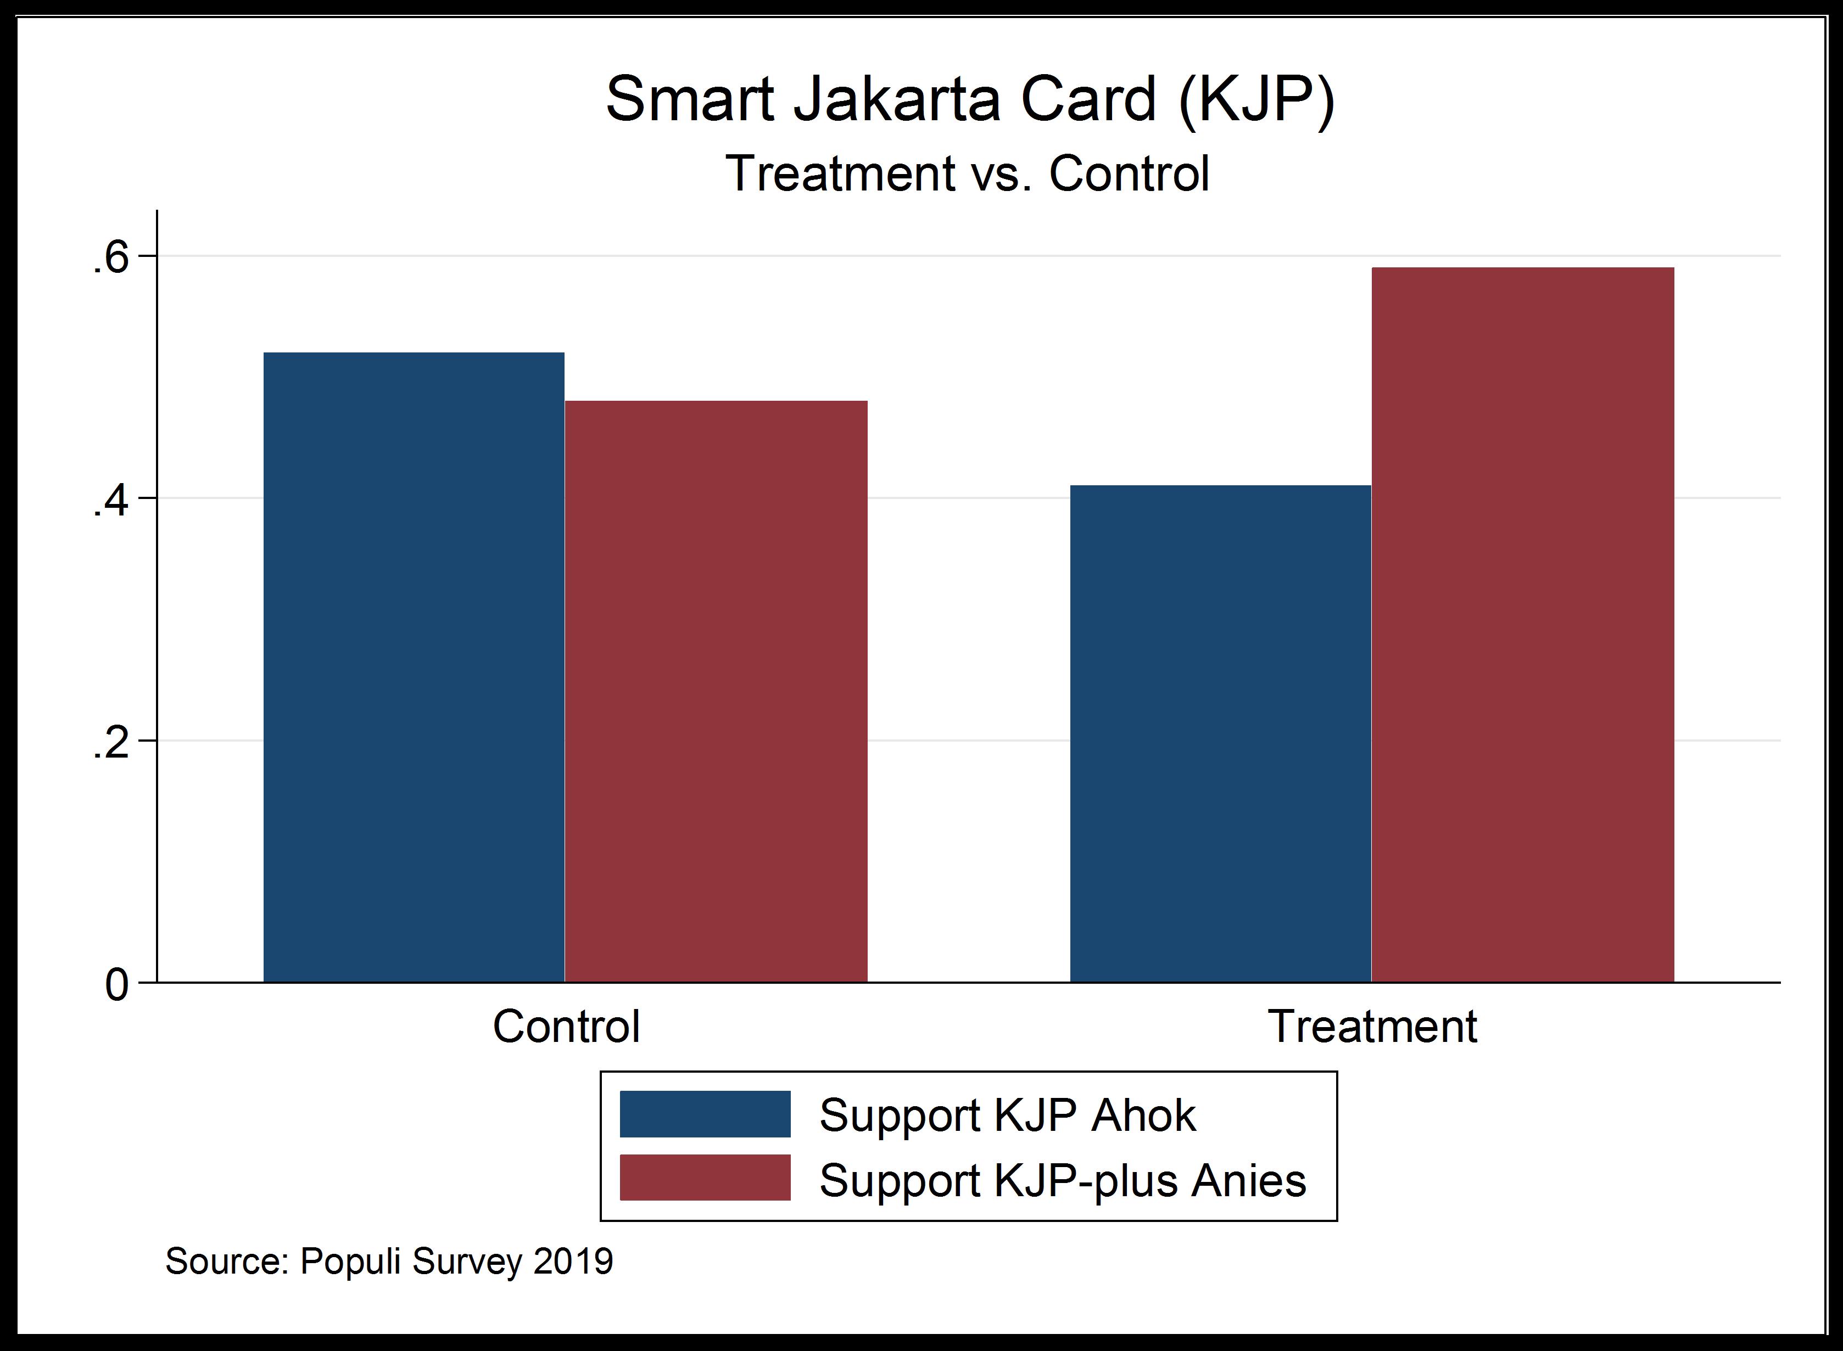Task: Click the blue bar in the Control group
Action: coord(414,666)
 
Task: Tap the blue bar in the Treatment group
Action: coord(1220,733)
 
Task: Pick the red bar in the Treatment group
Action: coord(1522,624)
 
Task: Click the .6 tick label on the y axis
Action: coord(110,259)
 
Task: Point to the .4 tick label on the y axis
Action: coord(110,501)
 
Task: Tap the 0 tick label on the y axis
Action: coord(116,985)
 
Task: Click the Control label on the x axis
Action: coord(566,1027)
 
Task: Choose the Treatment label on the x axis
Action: coord(1372,1027)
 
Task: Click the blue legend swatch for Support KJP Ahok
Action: coord(705,1114)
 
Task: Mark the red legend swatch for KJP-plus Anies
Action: coord(705,1178)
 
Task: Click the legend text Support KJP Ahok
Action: coord(1007,1115)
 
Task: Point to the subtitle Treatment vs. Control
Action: coord(967,173)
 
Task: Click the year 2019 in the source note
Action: coord(573,1261)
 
